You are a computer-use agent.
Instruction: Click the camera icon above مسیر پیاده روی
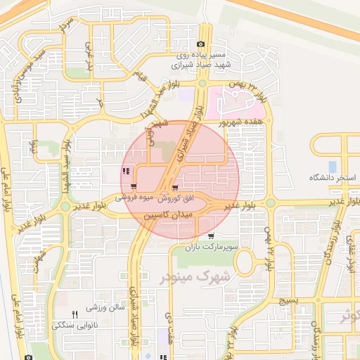click(x=200, y=44)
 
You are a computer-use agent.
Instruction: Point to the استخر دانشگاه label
click(x=333, y=178)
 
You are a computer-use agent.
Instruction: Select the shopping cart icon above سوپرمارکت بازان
click(x=211, y=236)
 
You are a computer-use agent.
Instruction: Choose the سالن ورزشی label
click(x=105, y=308)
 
